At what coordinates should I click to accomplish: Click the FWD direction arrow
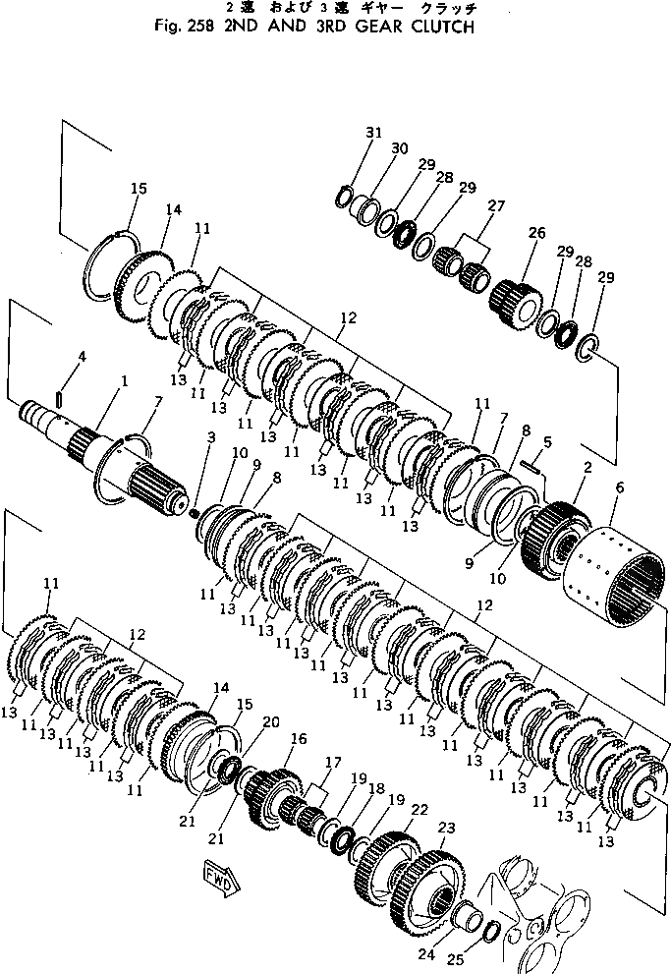pyautogui.click(x=219, y=874)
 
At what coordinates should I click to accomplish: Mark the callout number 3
pyautogui.click(x=210, y=435)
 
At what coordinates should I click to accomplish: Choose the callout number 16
pyautogui.click(x=298, y=738)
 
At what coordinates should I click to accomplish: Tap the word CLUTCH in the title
pyautogui.click(x=438, y=27)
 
